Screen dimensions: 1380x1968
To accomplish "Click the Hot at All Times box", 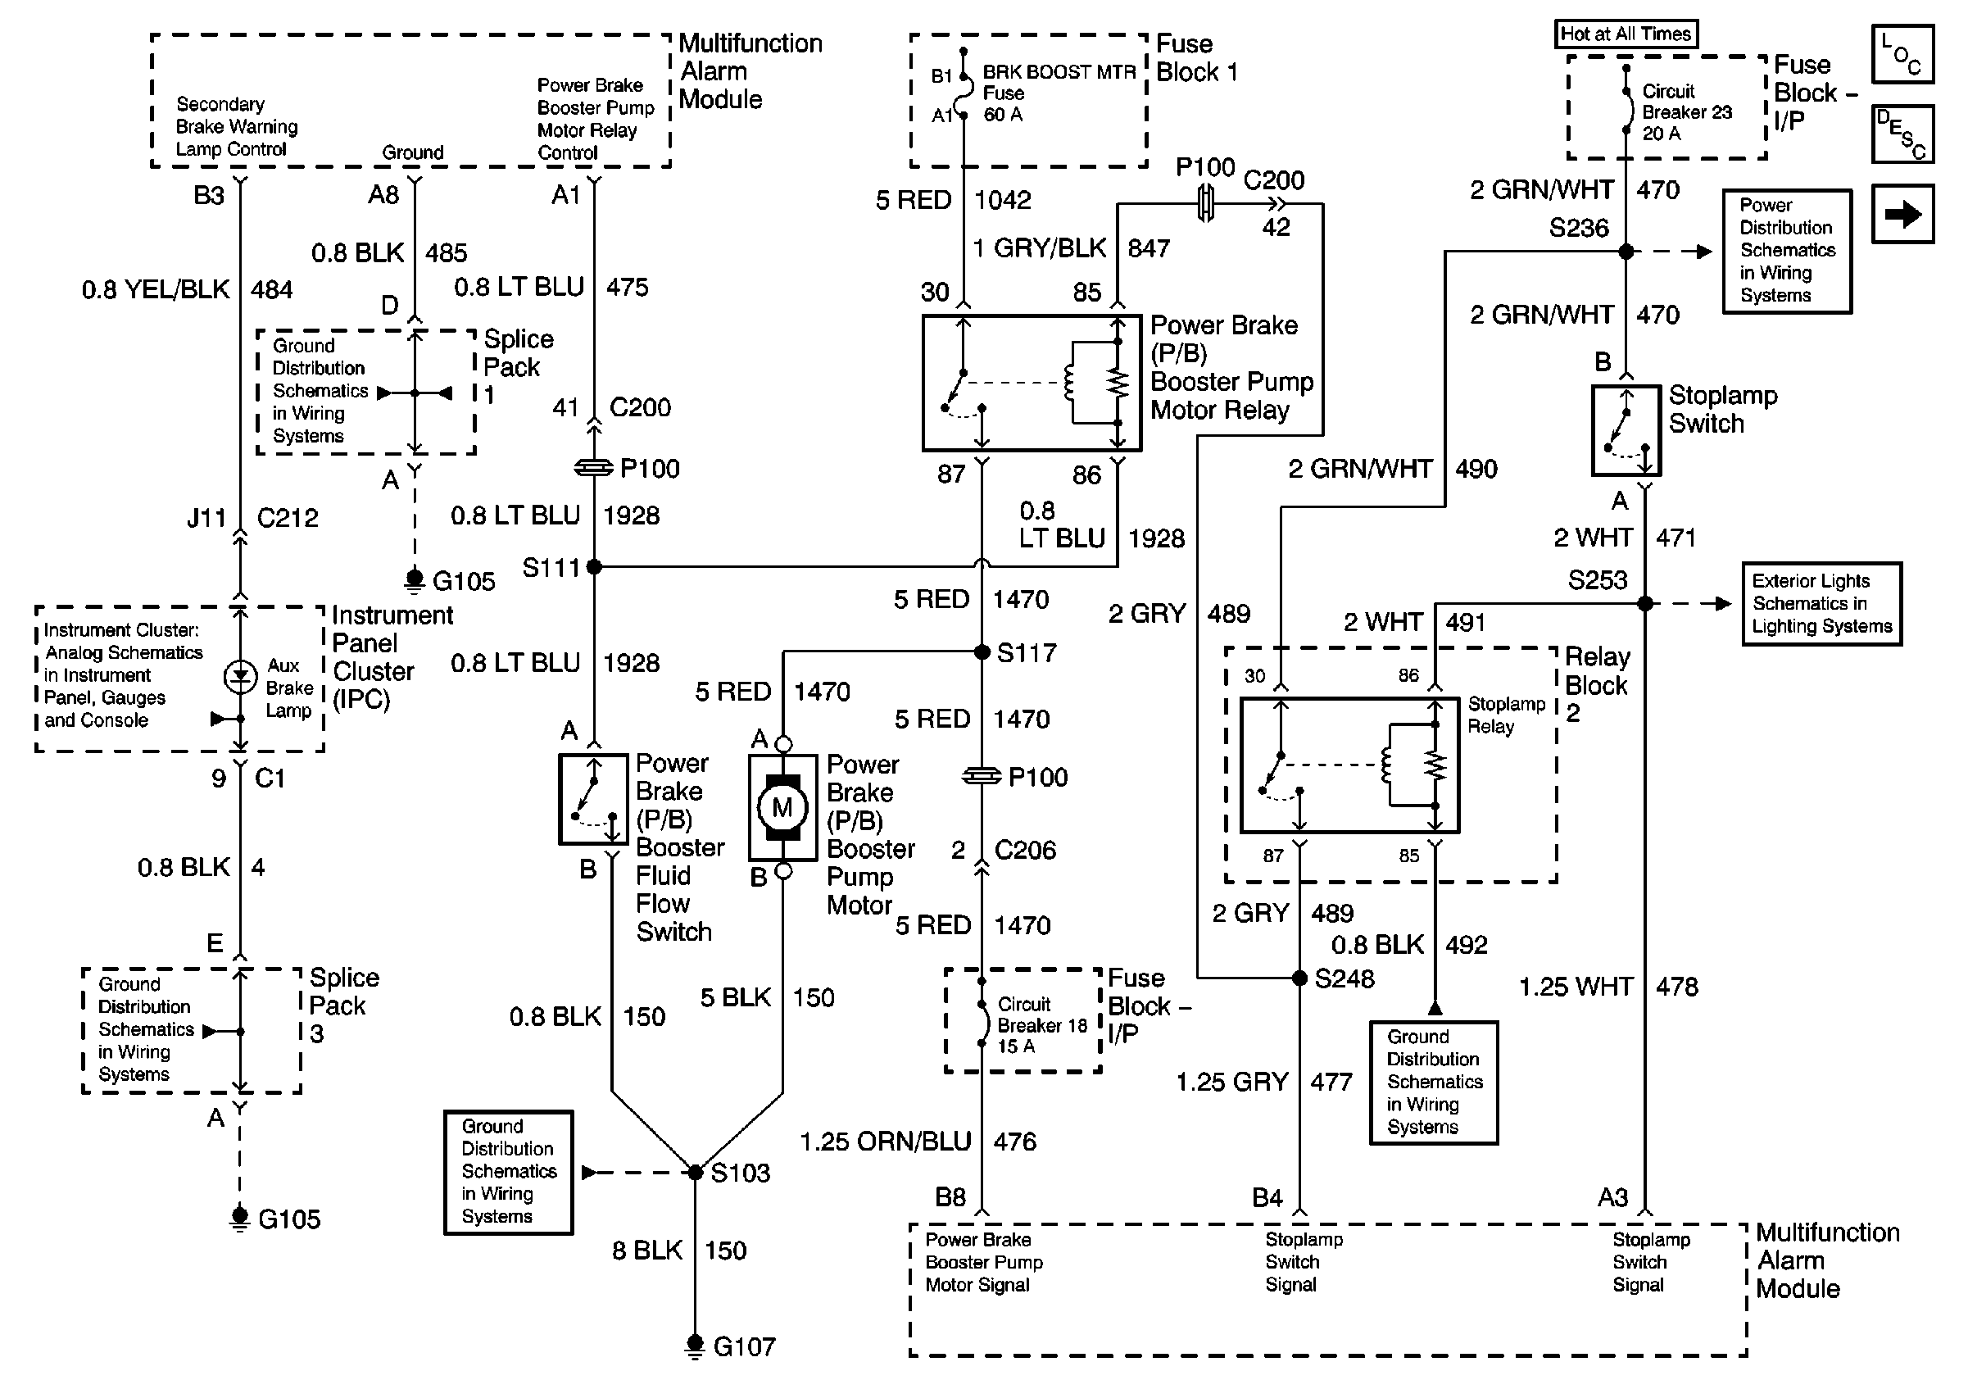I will tap(1626, 34).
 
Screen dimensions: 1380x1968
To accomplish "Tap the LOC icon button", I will tap(1902, 54).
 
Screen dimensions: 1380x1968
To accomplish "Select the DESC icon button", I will tap(1902, 134).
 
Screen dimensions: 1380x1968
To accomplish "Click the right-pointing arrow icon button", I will tap(1902, 213).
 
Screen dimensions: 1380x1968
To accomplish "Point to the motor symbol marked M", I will tap(782, 807).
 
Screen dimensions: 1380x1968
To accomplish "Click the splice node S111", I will tap(593, 566).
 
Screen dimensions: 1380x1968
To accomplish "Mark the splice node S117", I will tap(982, 652).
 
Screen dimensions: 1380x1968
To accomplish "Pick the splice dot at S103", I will tap(695, 1172).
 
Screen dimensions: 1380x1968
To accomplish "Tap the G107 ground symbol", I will tap(695, 1344).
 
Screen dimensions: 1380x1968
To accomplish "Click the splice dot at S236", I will tap(1626, 251).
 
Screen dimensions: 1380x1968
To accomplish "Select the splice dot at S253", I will tap(1645, 603).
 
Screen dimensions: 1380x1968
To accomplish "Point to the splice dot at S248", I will tap(1299, 977).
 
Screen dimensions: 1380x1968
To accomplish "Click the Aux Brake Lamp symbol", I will tap(240, 677).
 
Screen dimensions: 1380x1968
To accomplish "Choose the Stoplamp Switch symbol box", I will tap(1626, 430).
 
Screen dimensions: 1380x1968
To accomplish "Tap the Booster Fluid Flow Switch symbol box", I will tap(592, 799).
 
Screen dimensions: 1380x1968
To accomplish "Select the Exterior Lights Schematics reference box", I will tap(1821, 603).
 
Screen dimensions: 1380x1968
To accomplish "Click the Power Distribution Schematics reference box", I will tap(1787, 251).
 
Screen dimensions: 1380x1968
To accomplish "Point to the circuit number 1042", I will tap(1002, 201).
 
